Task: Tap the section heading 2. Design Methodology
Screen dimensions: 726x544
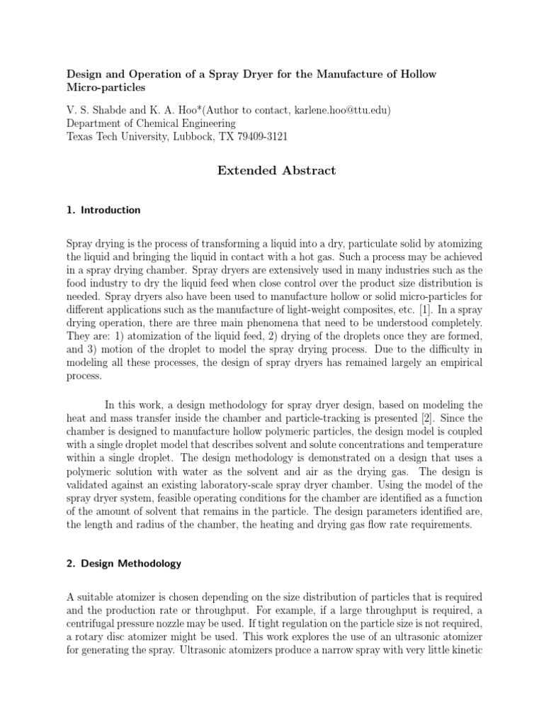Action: coord(124,564)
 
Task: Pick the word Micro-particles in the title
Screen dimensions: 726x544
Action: coord(105,88)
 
